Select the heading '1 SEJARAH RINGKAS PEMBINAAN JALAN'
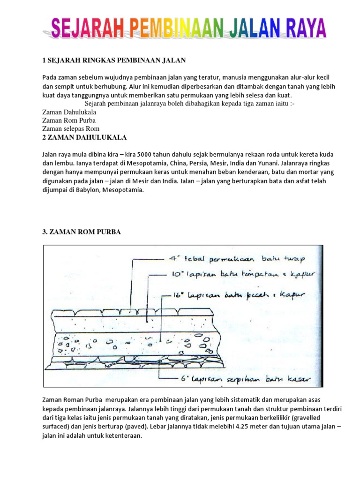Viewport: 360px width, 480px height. coord(114,60)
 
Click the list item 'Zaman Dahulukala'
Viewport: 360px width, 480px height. coord(69,112)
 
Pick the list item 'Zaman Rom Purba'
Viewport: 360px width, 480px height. coord(69,120)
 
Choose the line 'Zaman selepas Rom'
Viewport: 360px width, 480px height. coord(71,128)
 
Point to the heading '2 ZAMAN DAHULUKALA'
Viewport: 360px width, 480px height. coord(84,137)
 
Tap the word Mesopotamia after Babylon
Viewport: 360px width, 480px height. coord(123,190)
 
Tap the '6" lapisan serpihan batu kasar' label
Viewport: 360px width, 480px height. coord(238,378)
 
